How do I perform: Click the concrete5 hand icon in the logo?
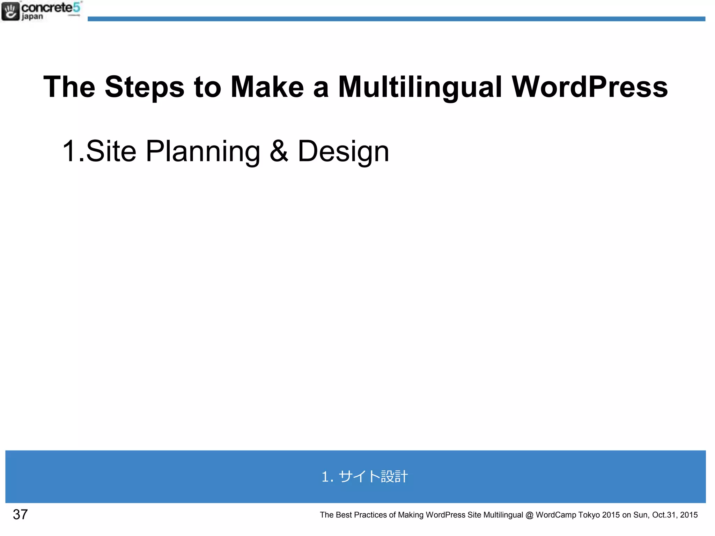tap(10, 12)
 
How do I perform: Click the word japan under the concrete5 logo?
tap(32, 17)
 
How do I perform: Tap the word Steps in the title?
tap(145, 87)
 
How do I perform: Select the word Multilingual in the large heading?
tap(420, 87)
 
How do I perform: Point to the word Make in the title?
tap(267, 87)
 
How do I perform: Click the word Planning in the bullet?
tap(203, 151)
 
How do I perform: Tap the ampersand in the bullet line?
tap(279, 151)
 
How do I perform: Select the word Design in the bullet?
tap(343, 151)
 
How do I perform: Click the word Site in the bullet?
tap(111, 151)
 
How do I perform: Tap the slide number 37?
tap(20, 514)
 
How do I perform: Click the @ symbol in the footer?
tap(529, 515)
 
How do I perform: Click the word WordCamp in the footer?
tap(555, 515)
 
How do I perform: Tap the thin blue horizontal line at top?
tap(396, 19)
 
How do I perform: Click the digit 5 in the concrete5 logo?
tap(77, 7)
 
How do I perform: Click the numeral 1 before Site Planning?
tap(68, 151)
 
